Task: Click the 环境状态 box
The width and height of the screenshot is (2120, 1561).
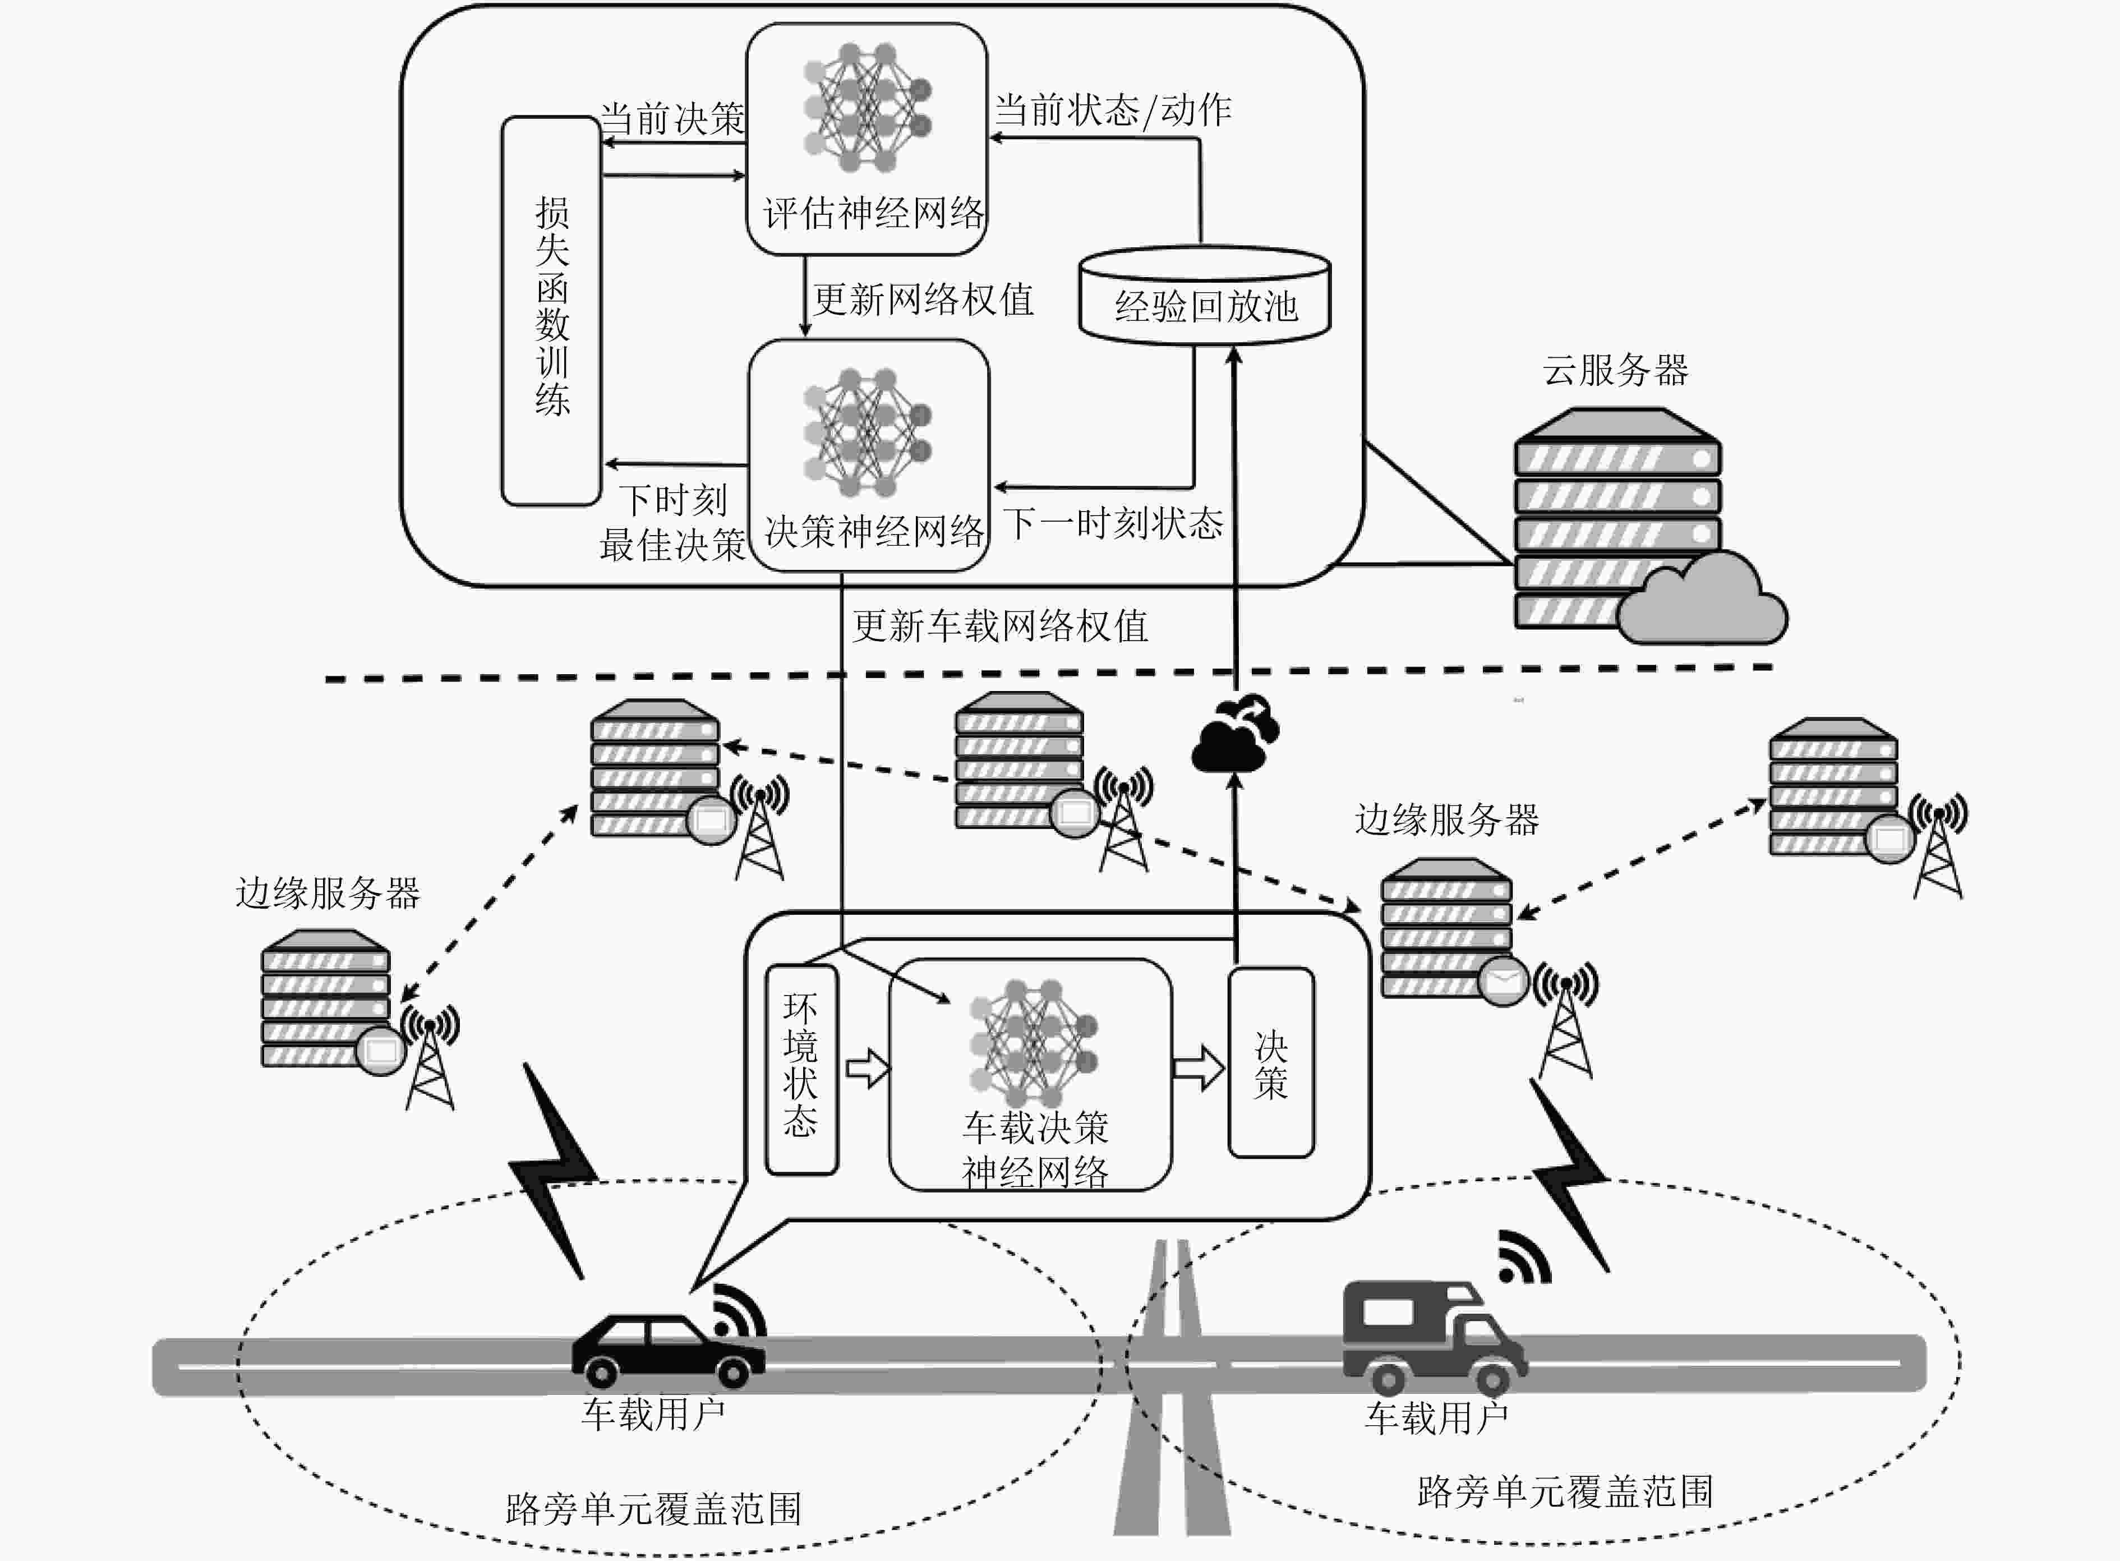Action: pos(801,1069)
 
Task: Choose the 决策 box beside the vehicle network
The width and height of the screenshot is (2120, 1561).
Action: pos(1271,1062)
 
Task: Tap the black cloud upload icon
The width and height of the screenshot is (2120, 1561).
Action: pos(1236,733)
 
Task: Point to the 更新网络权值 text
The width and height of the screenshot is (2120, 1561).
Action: pos(923,300)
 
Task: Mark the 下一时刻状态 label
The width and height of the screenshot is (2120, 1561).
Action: pos(1113,523)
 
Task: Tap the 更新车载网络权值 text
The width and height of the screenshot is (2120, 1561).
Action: pos(999,625)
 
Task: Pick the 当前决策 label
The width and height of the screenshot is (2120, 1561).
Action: pos(672,119)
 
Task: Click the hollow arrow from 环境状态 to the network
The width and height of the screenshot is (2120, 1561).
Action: pos(867,1069)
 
